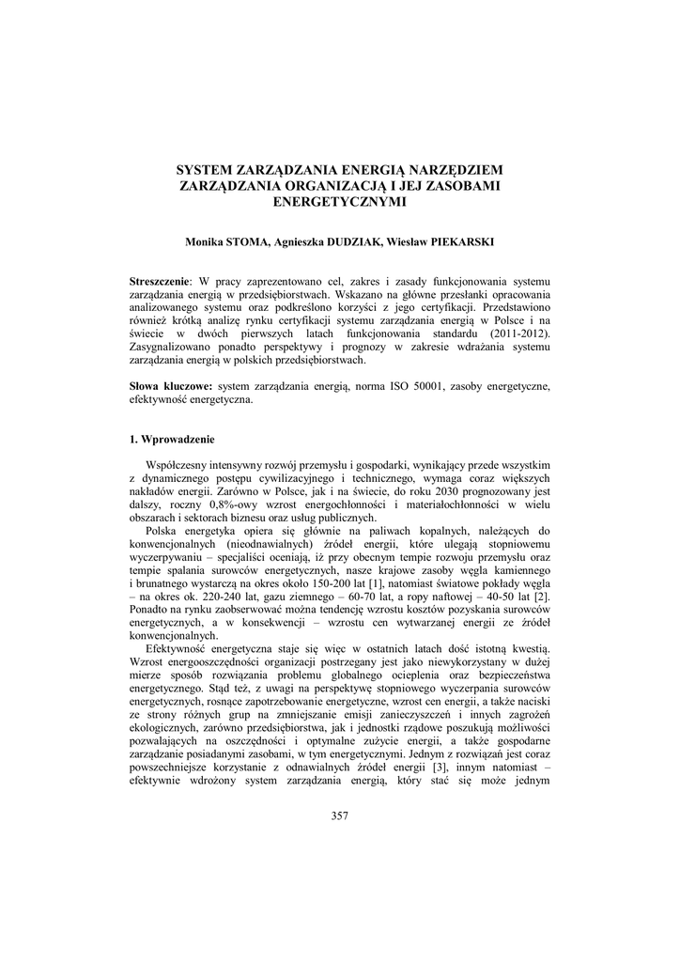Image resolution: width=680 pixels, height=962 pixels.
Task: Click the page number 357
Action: click(x=340, y=815)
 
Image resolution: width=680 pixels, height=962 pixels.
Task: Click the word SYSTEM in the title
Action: click(x=208, y=170)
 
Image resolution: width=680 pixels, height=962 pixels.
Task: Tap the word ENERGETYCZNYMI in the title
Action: click(x=340, y=200)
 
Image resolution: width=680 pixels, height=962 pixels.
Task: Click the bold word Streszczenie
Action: click(x=159, y=282)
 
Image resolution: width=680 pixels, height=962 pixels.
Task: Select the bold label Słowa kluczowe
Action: click(x=171, y=386)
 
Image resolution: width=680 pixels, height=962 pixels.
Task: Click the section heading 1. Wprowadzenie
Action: click(x=173, y=439)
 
